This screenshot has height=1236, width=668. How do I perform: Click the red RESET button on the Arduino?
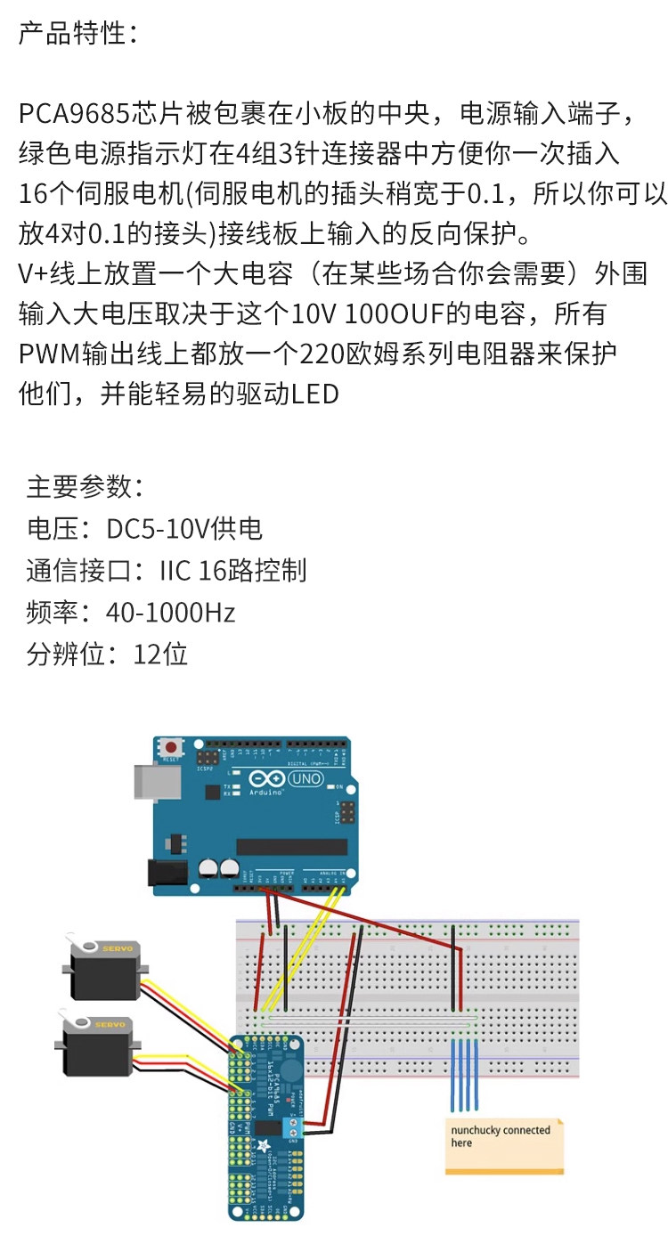point(169,747)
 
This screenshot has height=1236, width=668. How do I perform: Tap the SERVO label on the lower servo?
point(110,1024)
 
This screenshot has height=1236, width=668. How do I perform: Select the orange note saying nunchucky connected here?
point(504,1144)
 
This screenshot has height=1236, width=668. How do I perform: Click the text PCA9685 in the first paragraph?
point(75,115)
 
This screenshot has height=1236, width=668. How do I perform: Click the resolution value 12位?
point(160,655)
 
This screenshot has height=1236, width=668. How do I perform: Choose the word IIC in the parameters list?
point(175,571)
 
